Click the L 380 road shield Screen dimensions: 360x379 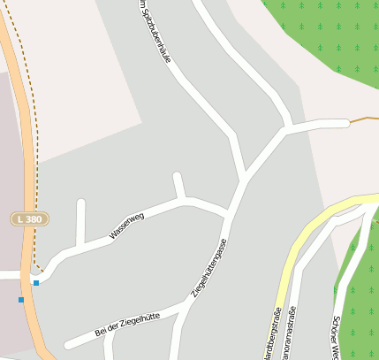point(30,218)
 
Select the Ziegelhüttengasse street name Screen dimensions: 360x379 point(209,267)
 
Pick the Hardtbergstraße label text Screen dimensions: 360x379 point(270,336)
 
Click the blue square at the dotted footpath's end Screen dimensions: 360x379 point(36,283)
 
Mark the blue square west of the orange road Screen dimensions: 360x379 point(21,300)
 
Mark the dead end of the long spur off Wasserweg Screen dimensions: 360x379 point(81,204)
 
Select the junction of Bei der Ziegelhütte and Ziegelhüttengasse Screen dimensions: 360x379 point(186,306)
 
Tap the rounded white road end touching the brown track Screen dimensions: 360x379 point(345,123)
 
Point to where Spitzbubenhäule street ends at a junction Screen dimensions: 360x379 point(245,177)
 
